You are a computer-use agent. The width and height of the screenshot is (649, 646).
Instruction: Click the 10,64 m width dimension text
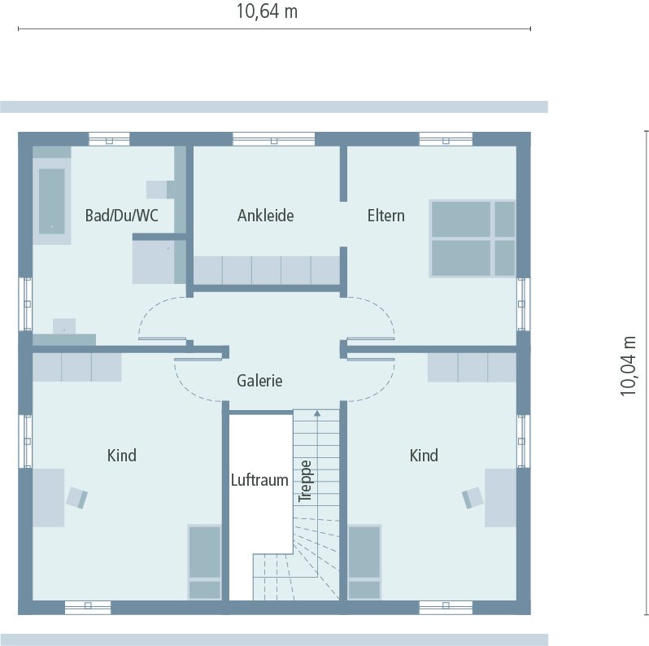(x=266, y=11)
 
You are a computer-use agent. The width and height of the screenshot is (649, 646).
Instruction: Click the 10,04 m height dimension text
(x=629, y=365)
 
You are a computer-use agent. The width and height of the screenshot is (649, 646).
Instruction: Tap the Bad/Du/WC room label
(x=122, y=216)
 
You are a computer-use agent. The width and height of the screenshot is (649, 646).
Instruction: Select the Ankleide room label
(x=265, y=216)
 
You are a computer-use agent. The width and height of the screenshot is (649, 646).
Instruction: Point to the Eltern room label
(x=385, y=216)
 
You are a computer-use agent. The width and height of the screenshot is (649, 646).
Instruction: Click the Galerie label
(x=259, y=381)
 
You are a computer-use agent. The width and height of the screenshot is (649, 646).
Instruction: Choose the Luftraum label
(x=259, y=480)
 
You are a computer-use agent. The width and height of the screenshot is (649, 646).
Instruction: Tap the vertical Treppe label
(x=306, y=481)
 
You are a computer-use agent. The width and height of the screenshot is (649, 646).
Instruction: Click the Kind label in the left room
(x=122, y=456)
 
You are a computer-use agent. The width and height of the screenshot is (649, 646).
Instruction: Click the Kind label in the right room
(x=424, y=456)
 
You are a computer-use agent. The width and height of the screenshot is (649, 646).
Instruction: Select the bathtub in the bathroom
(x=52, y=200)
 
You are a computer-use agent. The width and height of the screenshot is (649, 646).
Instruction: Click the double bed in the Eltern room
(x=473, y=238)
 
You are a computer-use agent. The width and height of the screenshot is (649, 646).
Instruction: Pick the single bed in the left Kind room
(x=204, y=562)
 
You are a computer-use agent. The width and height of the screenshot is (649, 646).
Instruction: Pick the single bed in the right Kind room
(x=364, y=562)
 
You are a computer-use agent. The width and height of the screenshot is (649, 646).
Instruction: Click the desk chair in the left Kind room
(x=78, y=497)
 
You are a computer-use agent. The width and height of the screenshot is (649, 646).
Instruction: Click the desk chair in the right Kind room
(x=472, y=497)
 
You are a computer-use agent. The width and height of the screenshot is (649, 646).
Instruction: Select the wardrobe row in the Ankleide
(x=266, y=270)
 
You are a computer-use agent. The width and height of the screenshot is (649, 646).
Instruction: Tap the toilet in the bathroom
(x=159, y=190)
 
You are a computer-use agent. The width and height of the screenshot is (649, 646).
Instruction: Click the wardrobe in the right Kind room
(x=472, y=367)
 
